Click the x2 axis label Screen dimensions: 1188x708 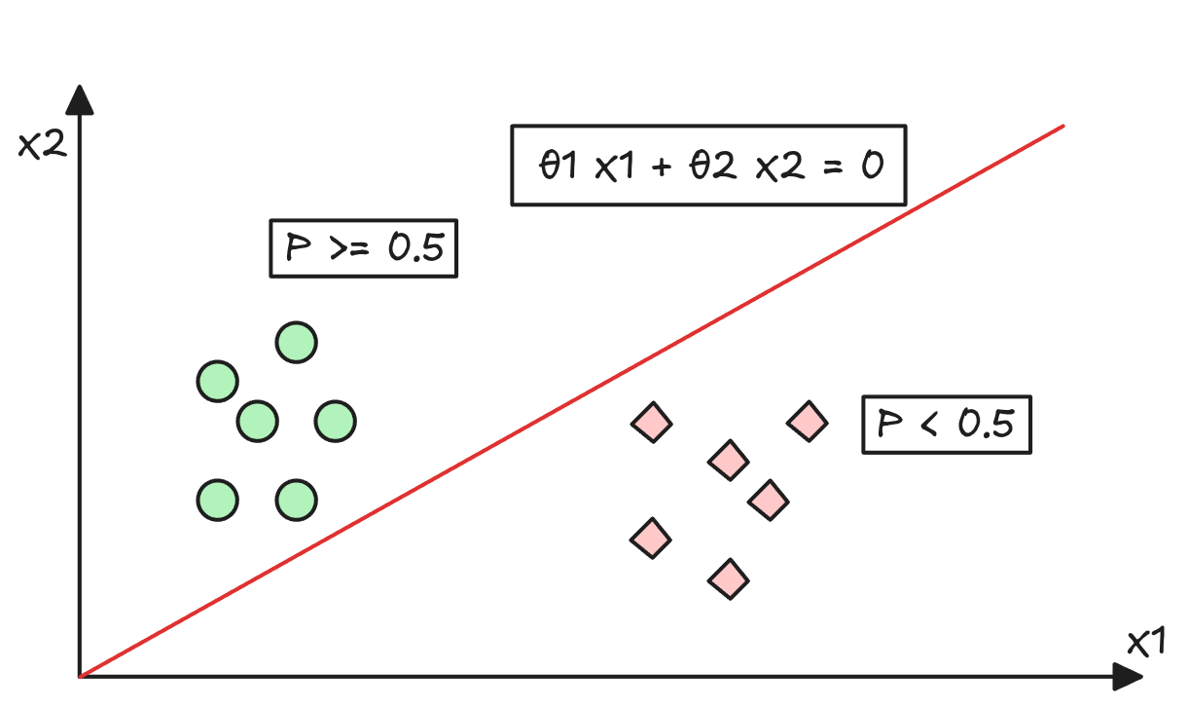pos(43,145)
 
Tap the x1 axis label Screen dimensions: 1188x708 pos(1145,643)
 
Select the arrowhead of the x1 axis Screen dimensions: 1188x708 pos(1127,677)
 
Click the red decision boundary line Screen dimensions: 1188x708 pos(572,401)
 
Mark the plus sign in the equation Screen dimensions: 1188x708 pos(662,168)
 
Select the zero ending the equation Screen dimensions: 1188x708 pos(873,165)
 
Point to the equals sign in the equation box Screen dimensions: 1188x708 pos(833,167)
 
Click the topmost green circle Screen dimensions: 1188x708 pos(297,343)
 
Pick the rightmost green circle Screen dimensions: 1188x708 pos(335,422)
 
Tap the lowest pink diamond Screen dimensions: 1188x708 pos(729,579)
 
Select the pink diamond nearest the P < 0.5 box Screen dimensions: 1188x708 pos(808,422)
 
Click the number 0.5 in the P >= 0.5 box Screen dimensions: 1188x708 pos(416,247)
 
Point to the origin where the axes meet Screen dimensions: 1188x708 pos(80,677)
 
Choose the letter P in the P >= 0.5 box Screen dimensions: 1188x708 pos(298,247)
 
